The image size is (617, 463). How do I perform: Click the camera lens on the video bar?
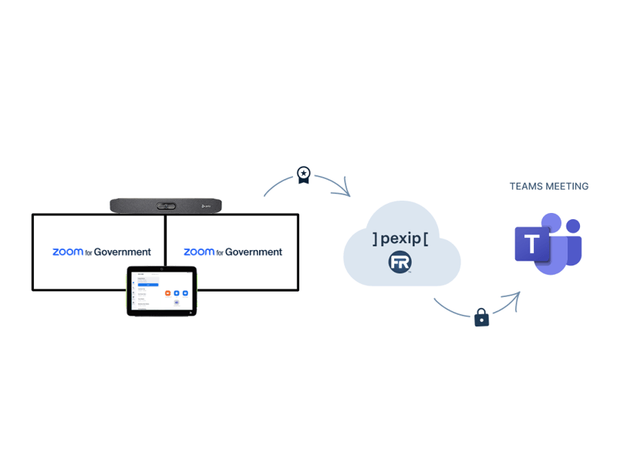pyautogui.click(x=166, y=206)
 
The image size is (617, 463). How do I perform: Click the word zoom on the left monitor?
pyautogui.click(x=67, y=252)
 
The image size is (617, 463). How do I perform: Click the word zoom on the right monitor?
pyautogui.click(x=198, y=252)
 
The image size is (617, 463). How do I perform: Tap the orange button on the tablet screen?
pyautogui.click(x=167, y=293)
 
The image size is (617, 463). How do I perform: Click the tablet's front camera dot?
pyautogui.click(x=162, y=270)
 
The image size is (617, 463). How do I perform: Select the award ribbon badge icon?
pyautogui.click(x=304, y=175)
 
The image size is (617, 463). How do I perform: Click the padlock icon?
pyautogui.click(x=481, y=317)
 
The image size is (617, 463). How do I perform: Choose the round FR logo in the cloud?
pyautogui.click(x=400, y=262)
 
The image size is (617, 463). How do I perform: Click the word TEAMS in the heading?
pyautogui.click(x=526, y=187)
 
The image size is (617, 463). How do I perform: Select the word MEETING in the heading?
pyautogui.click(x=567, y=187)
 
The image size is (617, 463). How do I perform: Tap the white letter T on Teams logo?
pyautogui.click(x=532, y=245)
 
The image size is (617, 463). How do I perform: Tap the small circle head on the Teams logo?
pyautogui.click(x=572, y=225)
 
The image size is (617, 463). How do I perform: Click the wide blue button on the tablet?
pyautogui.click(x=147, y=285)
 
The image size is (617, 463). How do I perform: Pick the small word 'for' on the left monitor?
pyautogui.click(x=89, y=252)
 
